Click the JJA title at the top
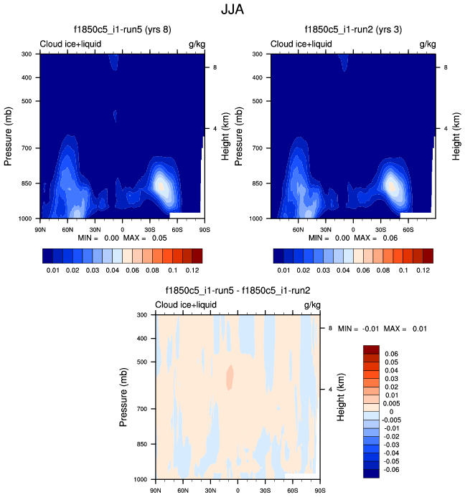(232, 11)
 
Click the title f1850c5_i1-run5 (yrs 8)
(122, 30)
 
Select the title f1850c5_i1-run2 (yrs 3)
(353, 30)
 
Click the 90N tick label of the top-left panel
(42, 229)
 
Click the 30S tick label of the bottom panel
(265, 490)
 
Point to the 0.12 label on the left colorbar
(192, 271)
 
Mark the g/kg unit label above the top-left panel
(196, 44)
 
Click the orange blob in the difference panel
(230, 377)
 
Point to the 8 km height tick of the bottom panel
(331, 328)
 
